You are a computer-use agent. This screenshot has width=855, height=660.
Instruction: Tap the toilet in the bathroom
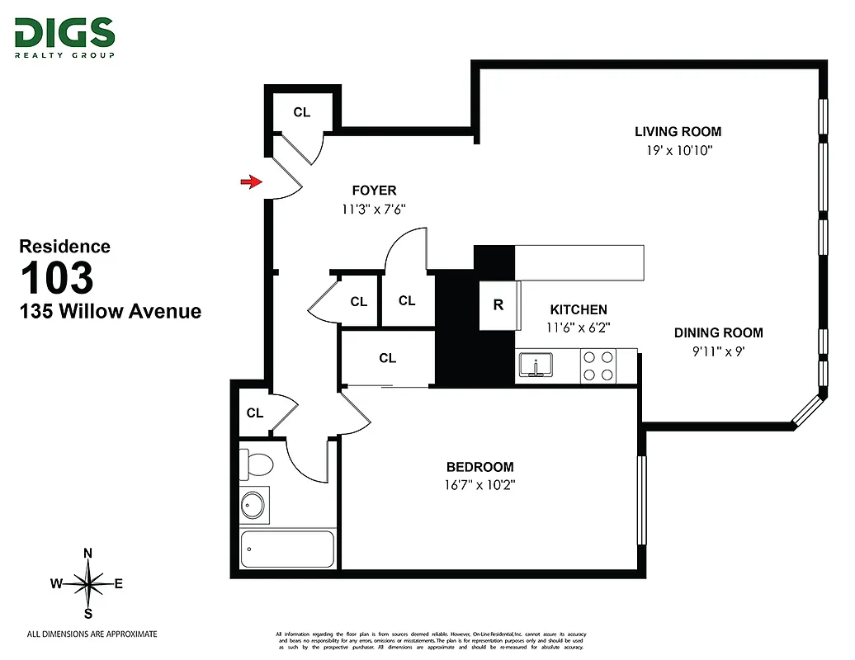click(257, 464)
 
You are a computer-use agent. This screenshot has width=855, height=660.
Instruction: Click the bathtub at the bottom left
click(287, 549)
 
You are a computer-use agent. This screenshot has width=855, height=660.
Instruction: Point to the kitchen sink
click(536, 365)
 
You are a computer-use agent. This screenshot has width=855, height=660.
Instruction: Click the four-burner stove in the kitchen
click(598, 365)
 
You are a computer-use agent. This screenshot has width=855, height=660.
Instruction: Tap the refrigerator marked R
click(498, 304)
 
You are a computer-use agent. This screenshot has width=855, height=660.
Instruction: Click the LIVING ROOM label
click(678, 131)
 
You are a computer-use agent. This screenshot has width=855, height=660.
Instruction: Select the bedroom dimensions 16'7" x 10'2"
click(480, 484)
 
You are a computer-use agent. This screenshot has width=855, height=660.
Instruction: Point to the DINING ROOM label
click(718, 332)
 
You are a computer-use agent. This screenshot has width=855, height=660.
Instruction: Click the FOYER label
click(374, 191)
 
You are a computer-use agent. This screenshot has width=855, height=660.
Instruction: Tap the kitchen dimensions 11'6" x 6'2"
click(579, 326)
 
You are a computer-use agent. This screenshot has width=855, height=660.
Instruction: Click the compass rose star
click(88, 583)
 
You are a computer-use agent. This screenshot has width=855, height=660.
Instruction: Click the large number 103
click(57, 278)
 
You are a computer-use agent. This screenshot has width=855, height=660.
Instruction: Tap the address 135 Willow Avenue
click(111, 311)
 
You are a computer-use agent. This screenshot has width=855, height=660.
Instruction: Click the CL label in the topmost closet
click(302, 112)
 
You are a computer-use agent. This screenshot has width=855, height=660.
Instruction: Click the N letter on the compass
click(88, 554)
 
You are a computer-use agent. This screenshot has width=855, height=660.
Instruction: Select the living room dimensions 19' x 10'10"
click(678, 151)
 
